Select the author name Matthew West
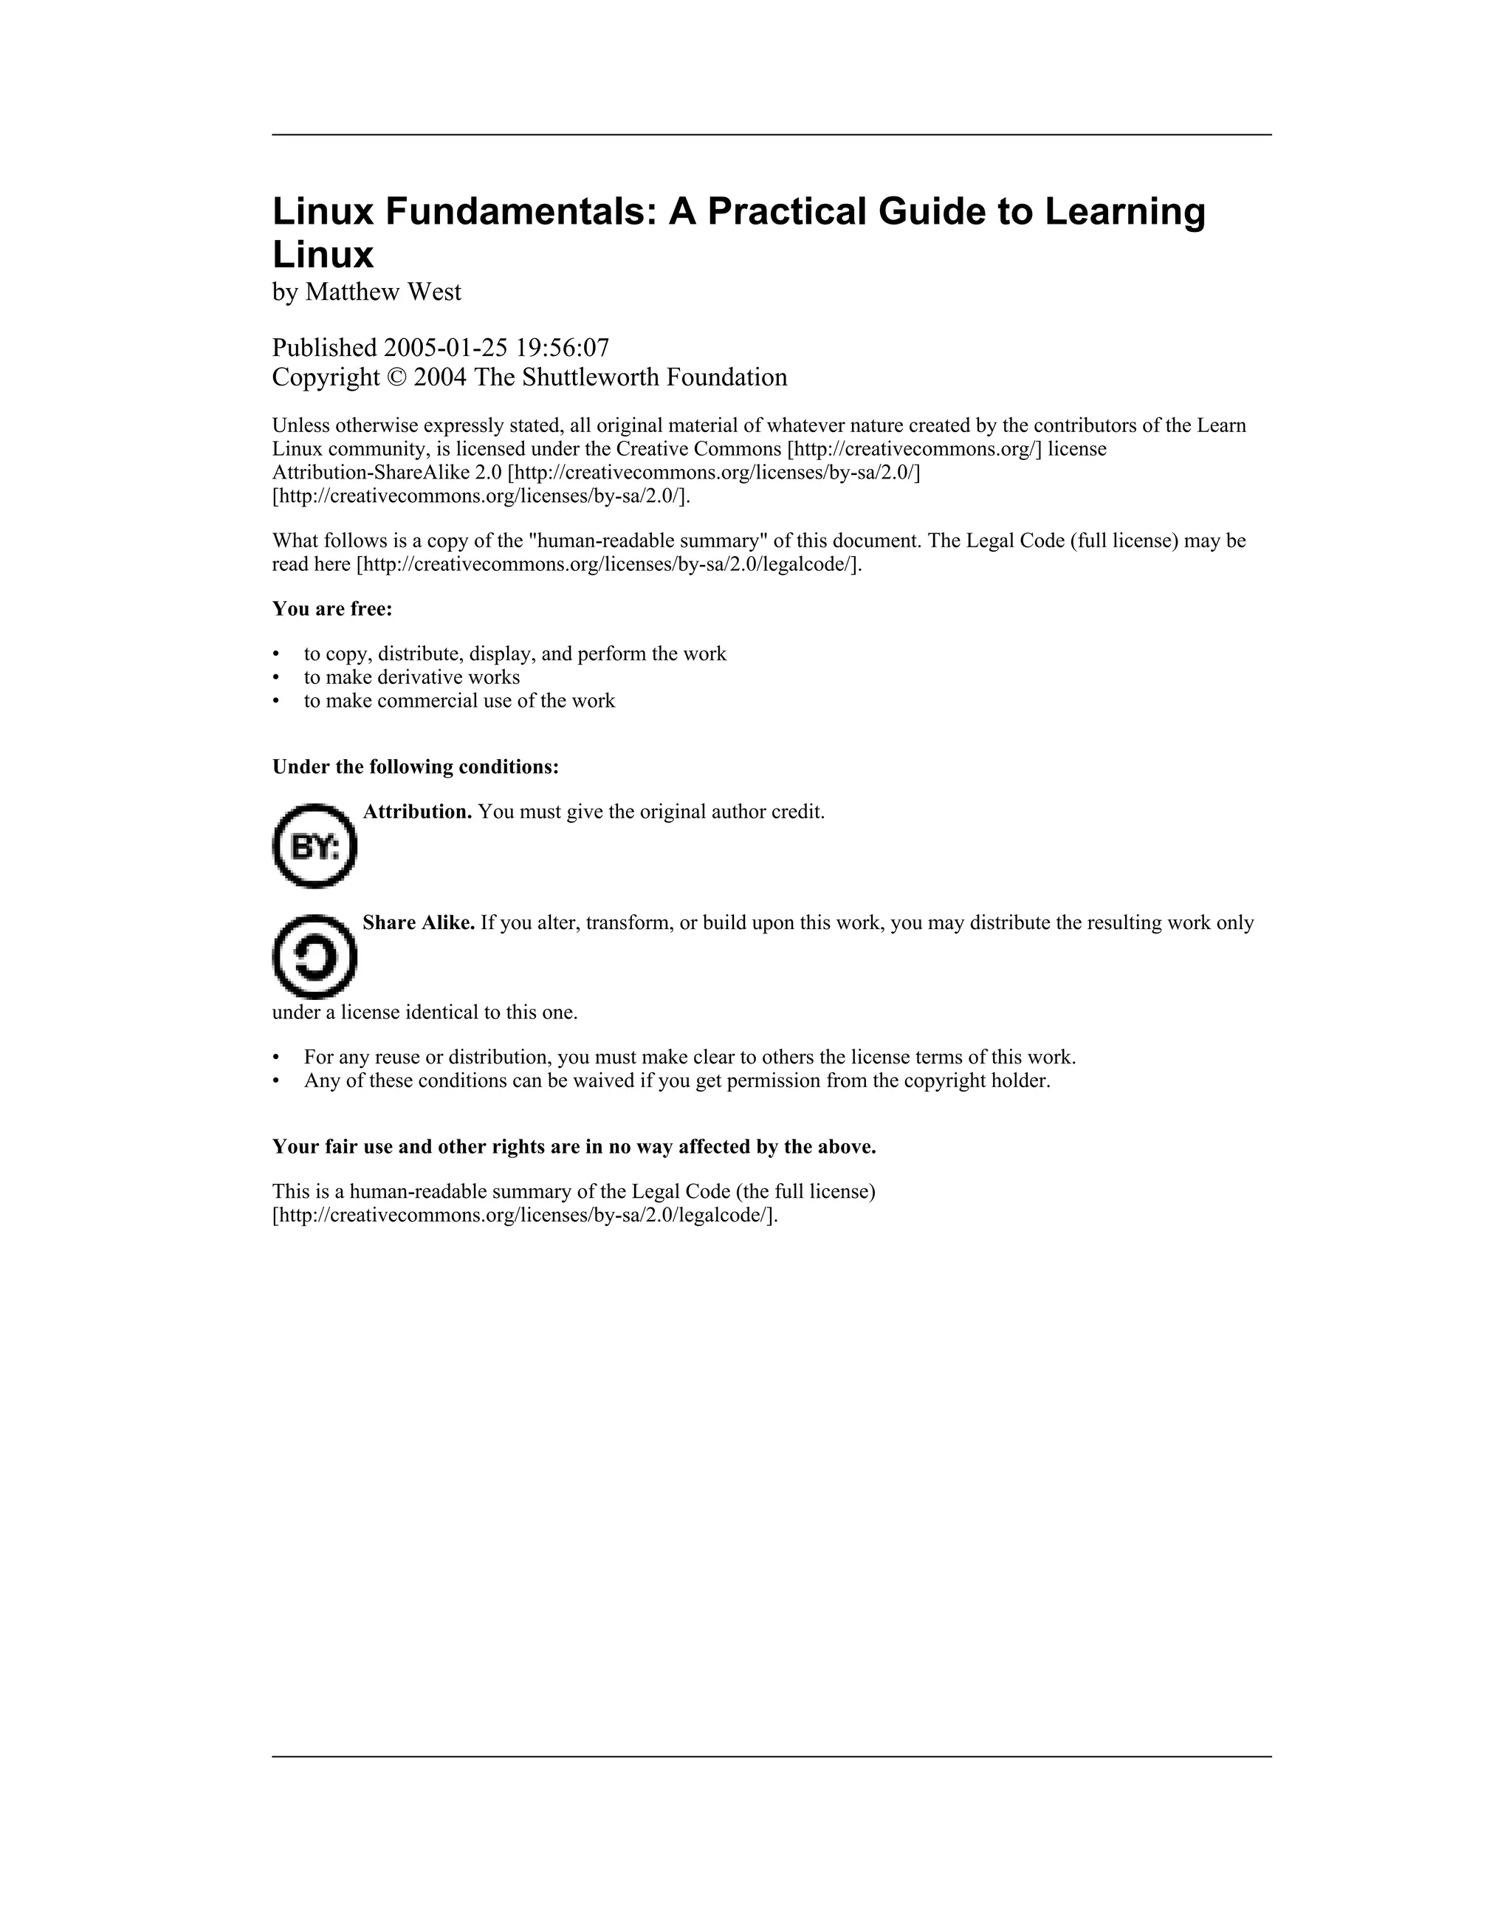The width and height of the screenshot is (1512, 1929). [382, 292]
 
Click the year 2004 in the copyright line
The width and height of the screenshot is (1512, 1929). [440, 378]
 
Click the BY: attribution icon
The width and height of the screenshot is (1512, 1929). [315, 846]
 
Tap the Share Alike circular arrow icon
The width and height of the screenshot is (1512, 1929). [315, 957]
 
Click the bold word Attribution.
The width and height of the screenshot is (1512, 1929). [417, 812]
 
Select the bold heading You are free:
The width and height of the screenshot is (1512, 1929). [332, 609]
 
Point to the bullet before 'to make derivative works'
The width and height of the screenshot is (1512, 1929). [276, 678]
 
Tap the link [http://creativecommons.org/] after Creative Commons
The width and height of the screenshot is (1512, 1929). [913, 449]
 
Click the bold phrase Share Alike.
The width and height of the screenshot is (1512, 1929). [419, 922]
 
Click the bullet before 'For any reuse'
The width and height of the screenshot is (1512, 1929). [276, 1058]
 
